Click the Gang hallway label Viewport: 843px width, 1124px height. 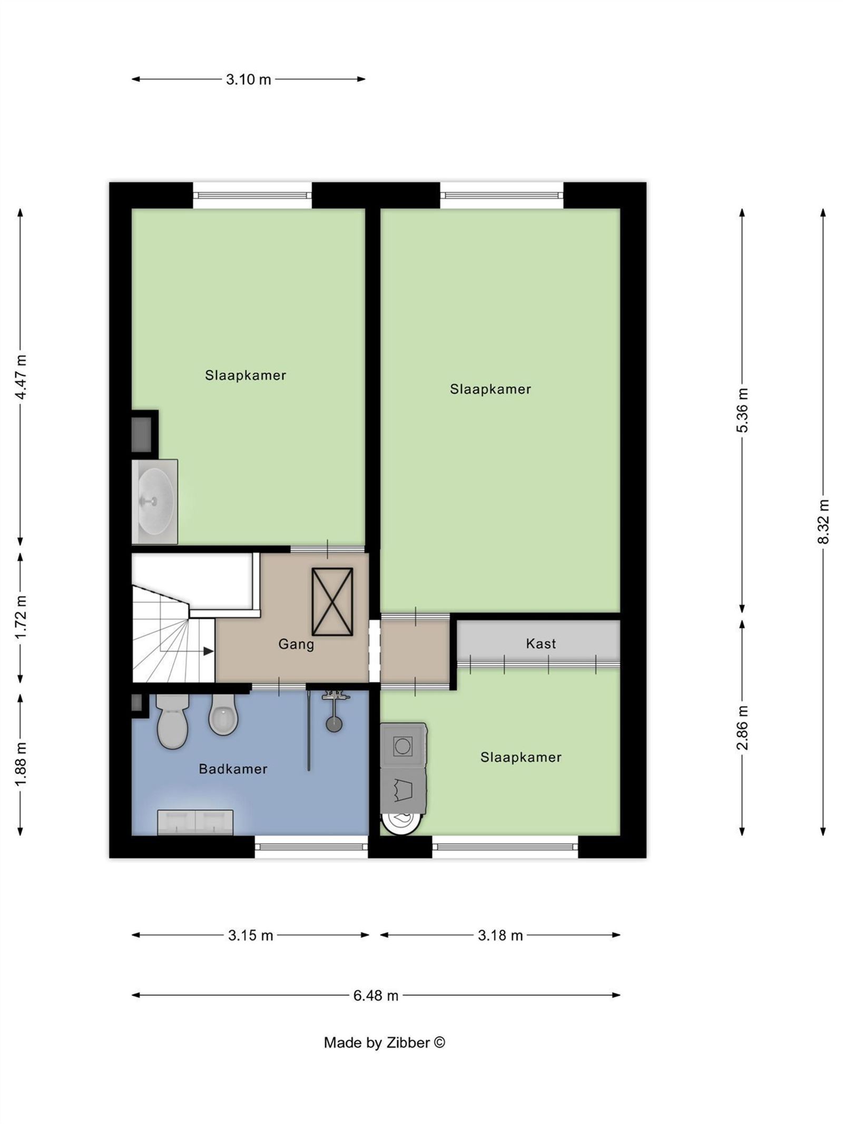[296, 644]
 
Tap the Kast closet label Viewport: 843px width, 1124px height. [541, 643]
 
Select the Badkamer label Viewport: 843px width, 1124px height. [233, 769]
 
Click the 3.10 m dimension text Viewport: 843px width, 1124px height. [248, 80]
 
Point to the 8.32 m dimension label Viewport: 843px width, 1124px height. [824, 522]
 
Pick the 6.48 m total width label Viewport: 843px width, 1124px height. [376, 995]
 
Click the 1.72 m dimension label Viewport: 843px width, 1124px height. [21, 618]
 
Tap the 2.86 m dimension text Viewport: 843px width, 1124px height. [742, 727]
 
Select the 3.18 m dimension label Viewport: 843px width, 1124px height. [500, 935]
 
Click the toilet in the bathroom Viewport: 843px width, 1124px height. [172, 720]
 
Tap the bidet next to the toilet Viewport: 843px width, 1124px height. [223, 715]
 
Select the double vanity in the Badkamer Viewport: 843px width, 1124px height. [195, 822]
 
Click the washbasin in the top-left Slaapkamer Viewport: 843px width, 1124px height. [155, 501]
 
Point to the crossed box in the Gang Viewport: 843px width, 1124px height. [332, 602]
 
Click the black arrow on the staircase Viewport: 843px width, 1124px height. [208, 651]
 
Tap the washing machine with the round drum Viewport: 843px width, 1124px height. [403, 746]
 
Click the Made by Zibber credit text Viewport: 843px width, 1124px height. [384, 1042]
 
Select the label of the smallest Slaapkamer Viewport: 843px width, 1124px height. [521, 757]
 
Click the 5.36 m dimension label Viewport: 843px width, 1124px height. [742, 410]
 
